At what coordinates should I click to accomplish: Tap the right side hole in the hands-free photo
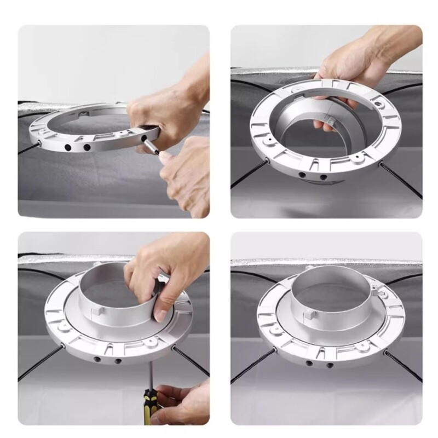(330, 364)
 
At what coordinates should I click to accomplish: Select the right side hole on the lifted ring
(322, 177)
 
